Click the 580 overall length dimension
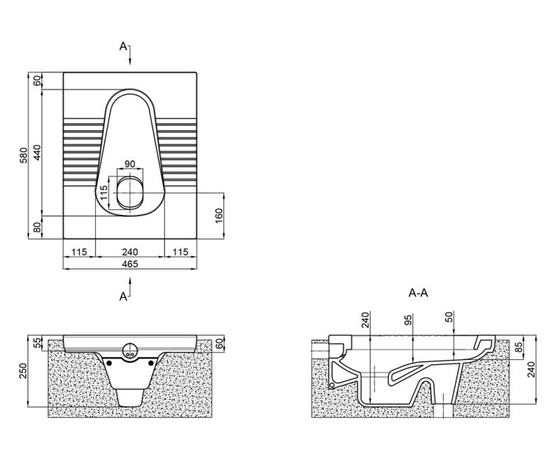pos(24,155)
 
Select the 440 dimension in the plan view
pos(37,152)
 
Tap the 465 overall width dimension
pos(130,264)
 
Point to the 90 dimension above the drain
pos(130,164)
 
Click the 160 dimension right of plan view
pos(219,216)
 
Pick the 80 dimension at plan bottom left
pos(37,227)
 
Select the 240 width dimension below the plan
pos(130,252)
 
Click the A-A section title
pos(418,293)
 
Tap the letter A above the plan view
pos(123,46)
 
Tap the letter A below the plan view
pos(123,297)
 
